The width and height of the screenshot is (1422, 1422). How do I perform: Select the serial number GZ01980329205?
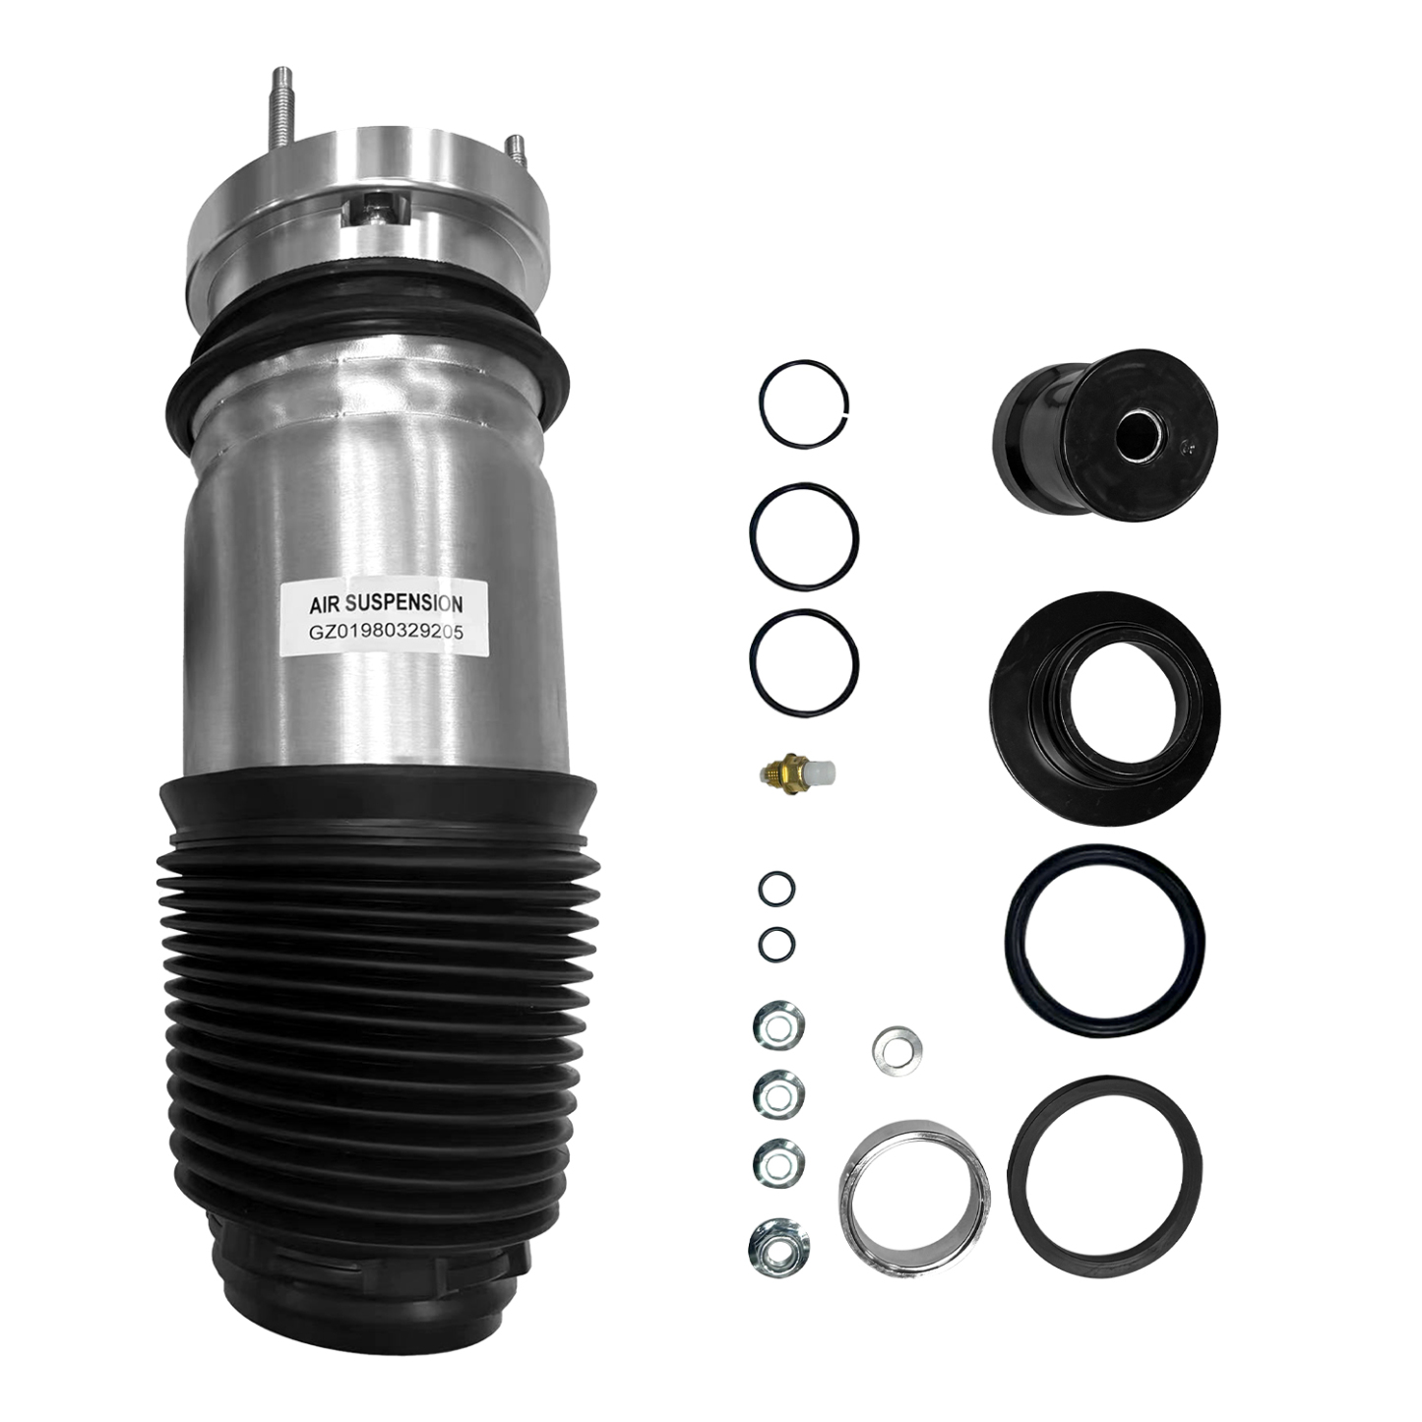point(385,634)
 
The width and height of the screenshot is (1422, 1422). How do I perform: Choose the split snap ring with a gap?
point(804,402)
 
